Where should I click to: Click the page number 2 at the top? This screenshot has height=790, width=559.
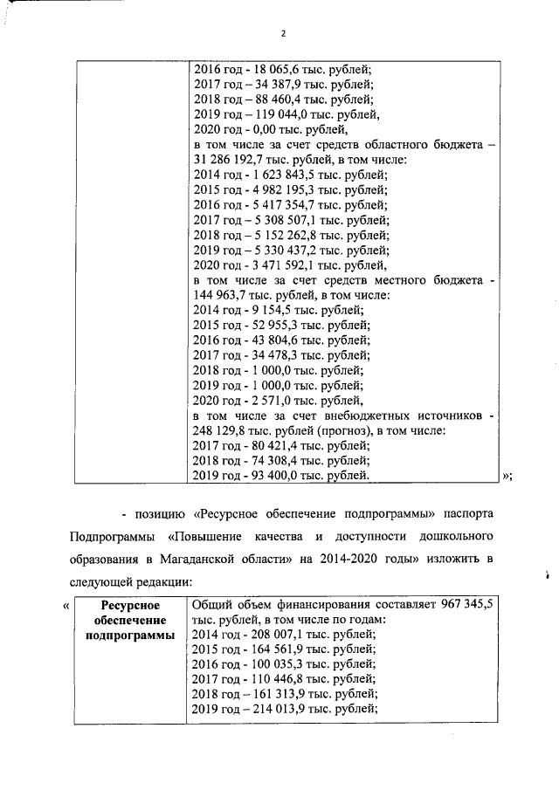(284, 33)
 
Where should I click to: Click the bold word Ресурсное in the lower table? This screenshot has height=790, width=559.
(128, 604)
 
